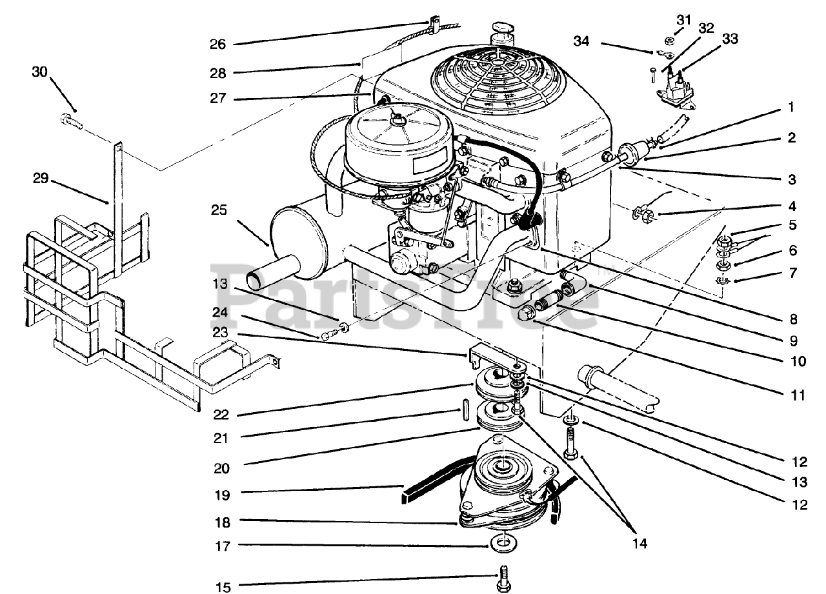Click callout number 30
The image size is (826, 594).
coord(40,72)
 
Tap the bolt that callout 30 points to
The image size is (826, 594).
coord(71,121)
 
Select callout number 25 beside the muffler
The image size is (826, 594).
coord(219,210)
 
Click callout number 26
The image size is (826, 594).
coord(218,45)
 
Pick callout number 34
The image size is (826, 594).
coord(581,41)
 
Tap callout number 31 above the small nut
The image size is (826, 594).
coord(683,19)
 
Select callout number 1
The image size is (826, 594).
coord(791,107)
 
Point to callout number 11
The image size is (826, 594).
coord(798,395)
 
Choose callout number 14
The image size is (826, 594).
coord(640,544)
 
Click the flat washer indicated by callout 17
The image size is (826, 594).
coord(503,544)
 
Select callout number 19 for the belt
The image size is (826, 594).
coord(223,495)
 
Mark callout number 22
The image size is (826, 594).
coord(221,415)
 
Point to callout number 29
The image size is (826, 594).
coord(41,179)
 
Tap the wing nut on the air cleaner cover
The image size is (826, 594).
coord(398,119)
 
